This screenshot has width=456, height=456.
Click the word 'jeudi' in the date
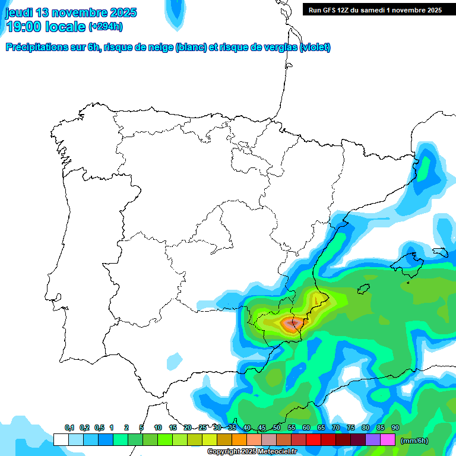coord(20,12)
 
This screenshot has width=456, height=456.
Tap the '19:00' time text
coord(26,27)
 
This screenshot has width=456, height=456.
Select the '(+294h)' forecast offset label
coord(105,27)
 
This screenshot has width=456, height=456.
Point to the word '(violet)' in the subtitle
coord(315,47)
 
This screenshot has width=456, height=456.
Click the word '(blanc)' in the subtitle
coord(191,47)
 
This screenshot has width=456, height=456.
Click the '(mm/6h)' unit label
coord(414,441)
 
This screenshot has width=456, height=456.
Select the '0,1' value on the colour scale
coord(69,428)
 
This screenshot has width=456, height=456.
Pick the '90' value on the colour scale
coord(395,428)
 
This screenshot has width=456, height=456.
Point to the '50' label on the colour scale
coord(277,428)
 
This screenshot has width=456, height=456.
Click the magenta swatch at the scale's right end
coord(388,440)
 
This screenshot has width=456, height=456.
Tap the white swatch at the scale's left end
coord(61,440)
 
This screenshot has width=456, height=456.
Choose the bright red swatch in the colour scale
coord(313,440)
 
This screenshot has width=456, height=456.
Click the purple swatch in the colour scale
coord(373,440)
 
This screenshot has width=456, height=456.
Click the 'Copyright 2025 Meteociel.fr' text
coord(252,451)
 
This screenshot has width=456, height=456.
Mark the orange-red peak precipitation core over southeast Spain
coord(291,324)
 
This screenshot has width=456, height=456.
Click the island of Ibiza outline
coord(363,289)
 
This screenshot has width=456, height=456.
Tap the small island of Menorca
coord(439,252)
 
